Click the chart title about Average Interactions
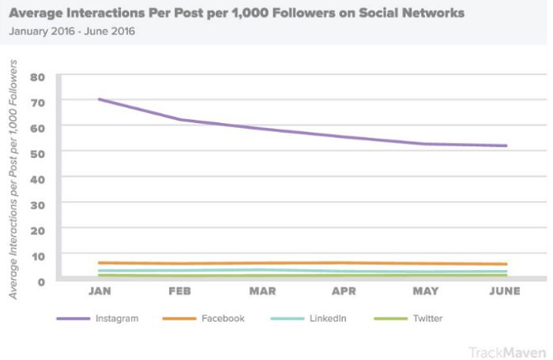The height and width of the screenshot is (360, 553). coord(237,13)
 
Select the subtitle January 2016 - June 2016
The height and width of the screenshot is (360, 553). coord(72,32)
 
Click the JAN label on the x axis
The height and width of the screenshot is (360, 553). coord(99,291)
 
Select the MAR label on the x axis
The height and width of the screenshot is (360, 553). coord(262,291)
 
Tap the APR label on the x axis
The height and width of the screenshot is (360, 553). coord(344,291)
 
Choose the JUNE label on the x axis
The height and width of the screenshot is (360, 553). coord(505,291)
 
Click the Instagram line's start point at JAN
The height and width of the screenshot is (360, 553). coord(99,99)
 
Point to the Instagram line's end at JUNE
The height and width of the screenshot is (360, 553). coord(506,145)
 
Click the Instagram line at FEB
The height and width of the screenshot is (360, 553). coord(181,120)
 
